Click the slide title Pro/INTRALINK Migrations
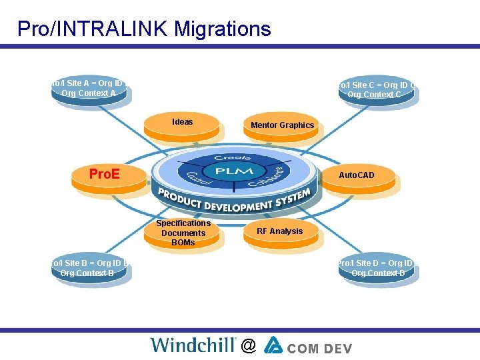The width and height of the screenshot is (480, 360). tap(144, 29)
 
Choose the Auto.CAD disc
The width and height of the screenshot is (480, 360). tap(357, 176)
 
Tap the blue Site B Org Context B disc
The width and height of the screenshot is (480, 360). tap(89, 269)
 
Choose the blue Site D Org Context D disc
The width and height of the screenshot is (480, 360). tap(377, 269)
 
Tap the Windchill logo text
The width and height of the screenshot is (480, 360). tap(193, 345)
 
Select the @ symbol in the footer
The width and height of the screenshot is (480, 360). tap(248, 345)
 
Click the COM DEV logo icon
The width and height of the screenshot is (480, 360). tap(274, 345)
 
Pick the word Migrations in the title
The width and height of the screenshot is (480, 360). tap(224, 29)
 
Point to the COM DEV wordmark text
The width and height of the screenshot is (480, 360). tap(321, 347)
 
